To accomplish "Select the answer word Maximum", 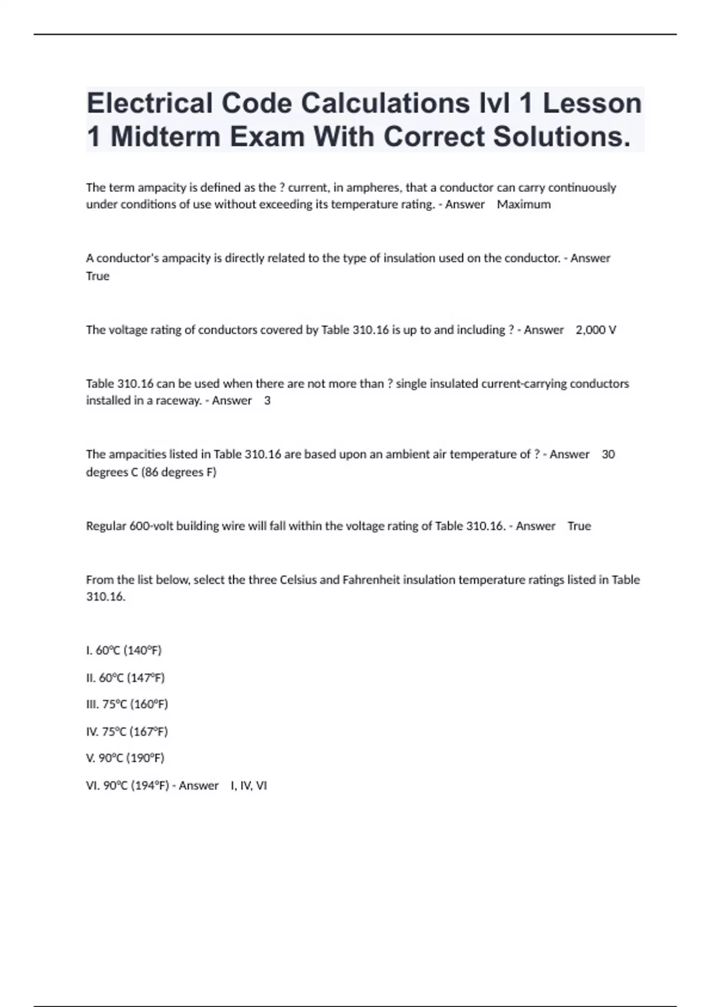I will pos(524,204).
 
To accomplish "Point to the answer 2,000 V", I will pos(595,330).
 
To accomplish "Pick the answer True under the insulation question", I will pos(98,276).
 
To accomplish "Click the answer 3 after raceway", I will pos(267,400).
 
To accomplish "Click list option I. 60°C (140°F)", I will pos(124,650).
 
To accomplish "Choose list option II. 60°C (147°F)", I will pos(126,678).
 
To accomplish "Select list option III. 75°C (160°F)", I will pos(127,704).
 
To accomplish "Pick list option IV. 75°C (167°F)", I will pos(127,732).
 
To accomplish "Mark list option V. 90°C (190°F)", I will pos(126,758).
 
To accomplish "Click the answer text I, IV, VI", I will pos(249,785).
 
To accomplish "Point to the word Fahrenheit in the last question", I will pos(371,580).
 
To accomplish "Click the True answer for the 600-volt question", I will pos(579,526).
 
